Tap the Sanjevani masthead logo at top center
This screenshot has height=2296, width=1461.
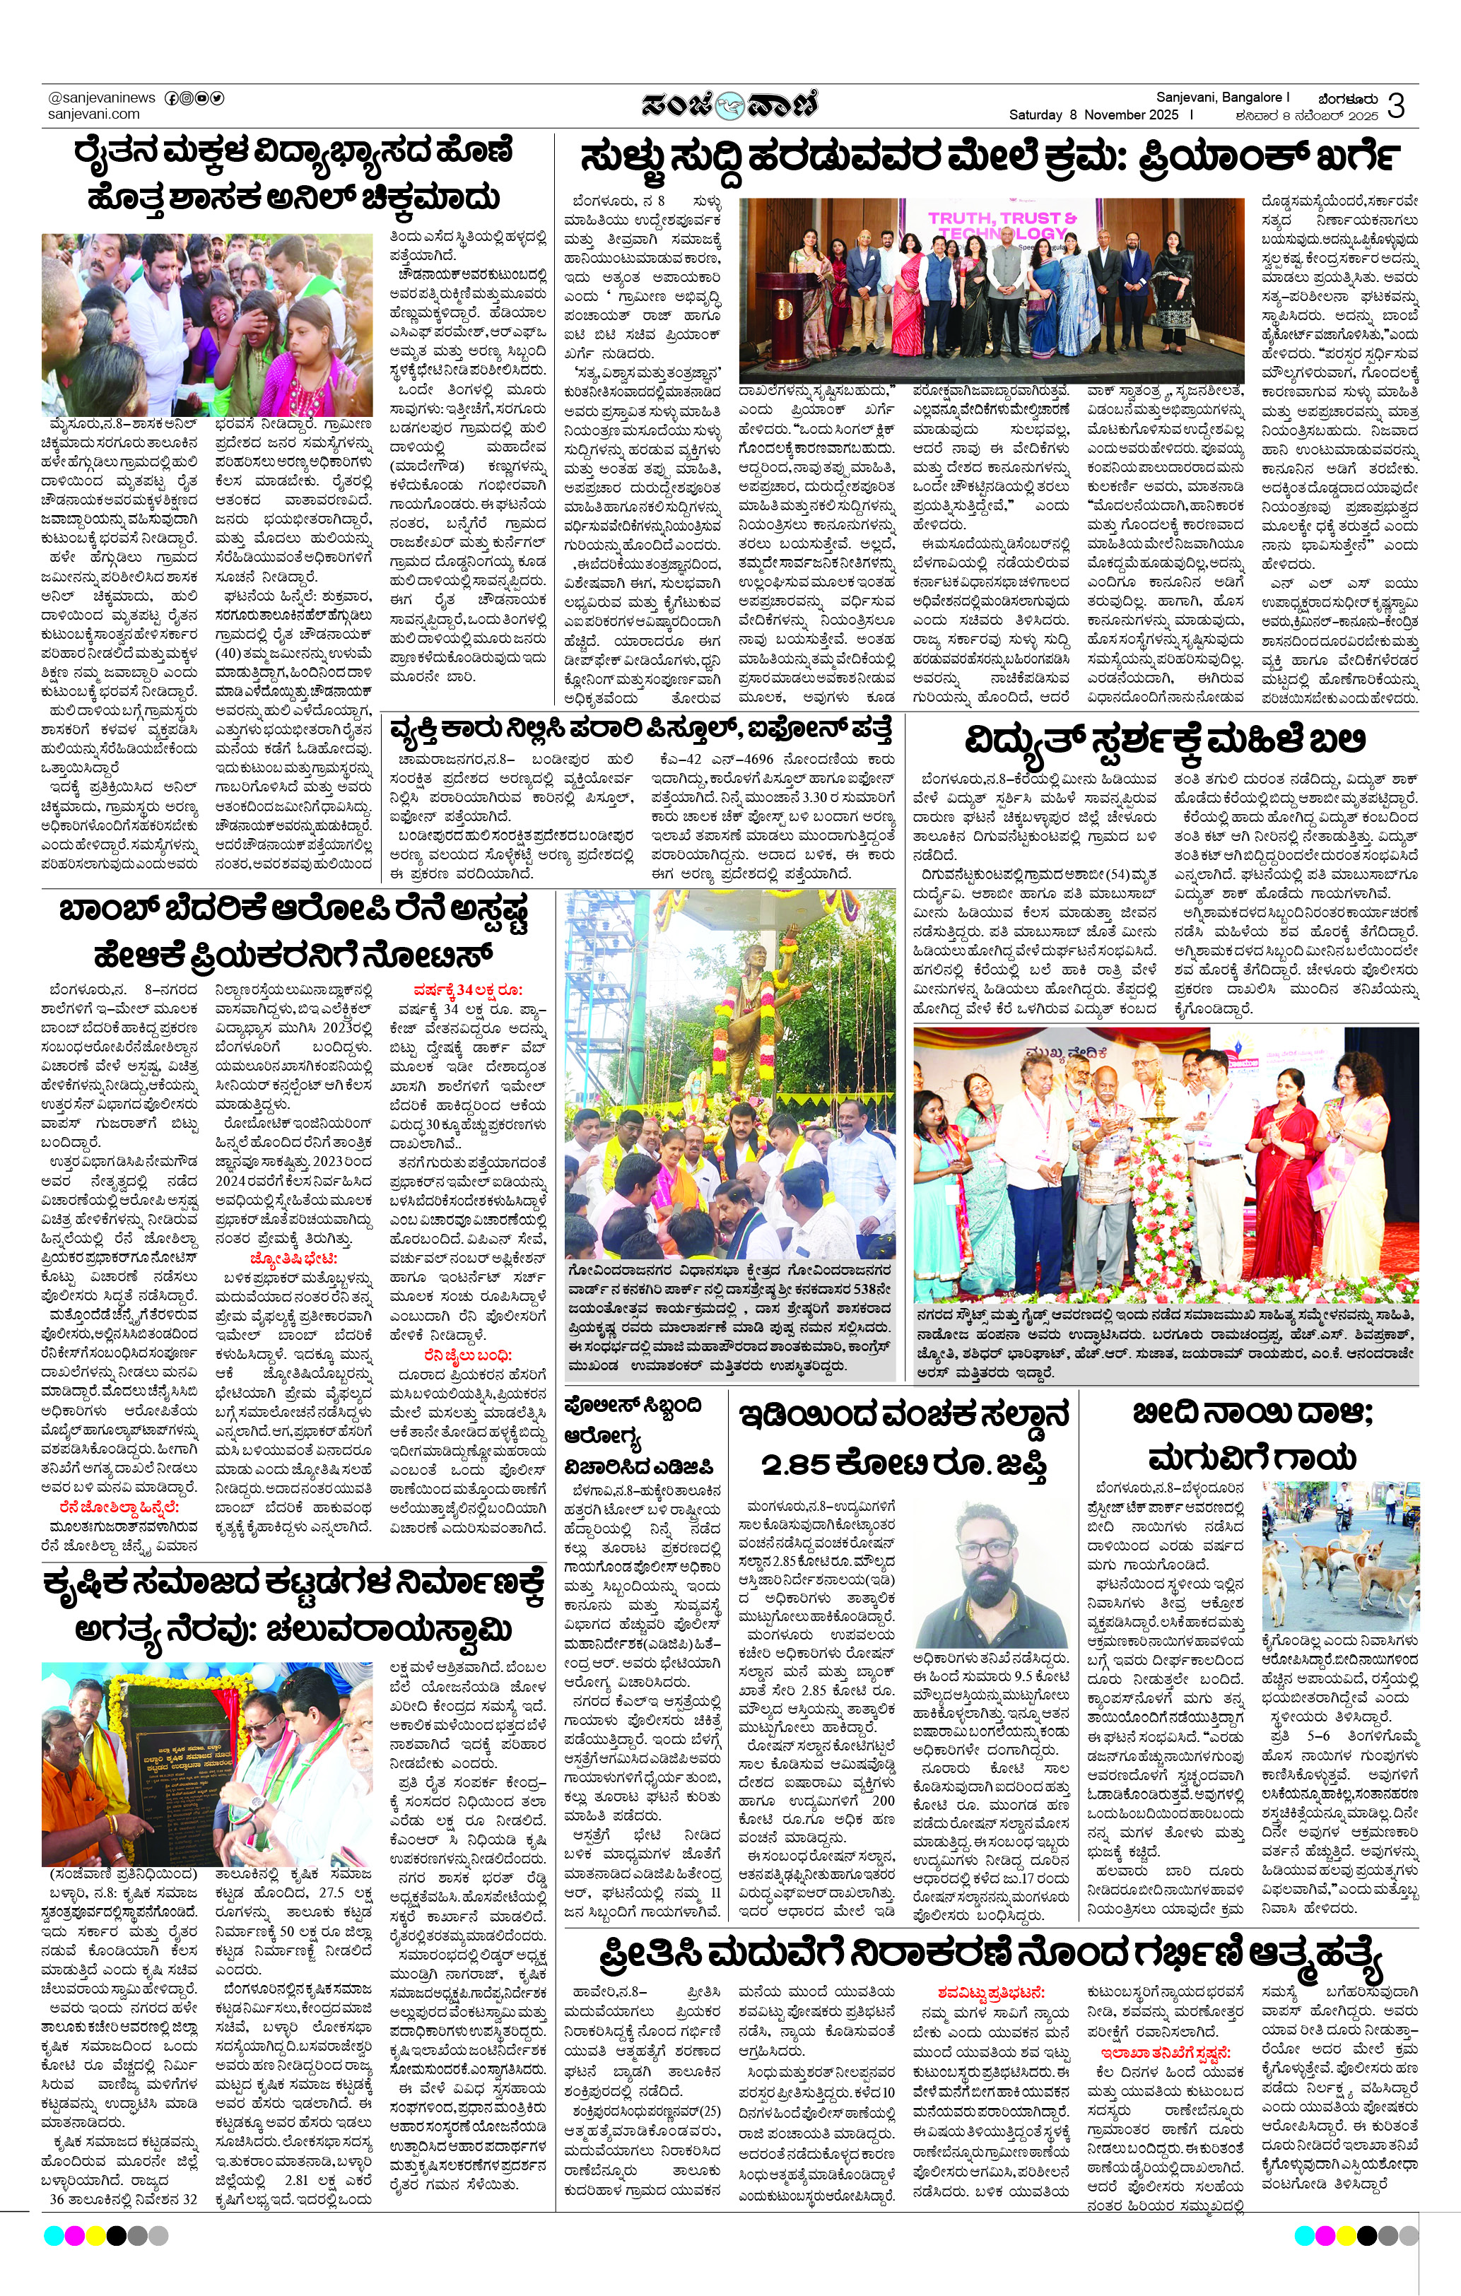(x=729, y=104)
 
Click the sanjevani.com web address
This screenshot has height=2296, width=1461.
(x=93, y=114)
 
